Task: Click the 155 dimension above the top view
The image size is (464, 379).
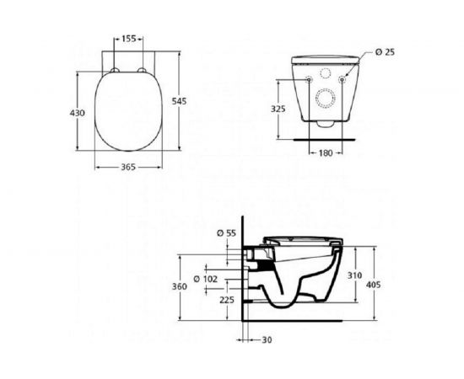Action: pos(128,38)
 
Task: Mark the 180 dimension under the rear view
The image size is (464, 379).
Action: pos(327,153)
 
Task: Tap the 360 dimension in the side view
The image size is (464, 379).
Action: pos(179,286)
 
